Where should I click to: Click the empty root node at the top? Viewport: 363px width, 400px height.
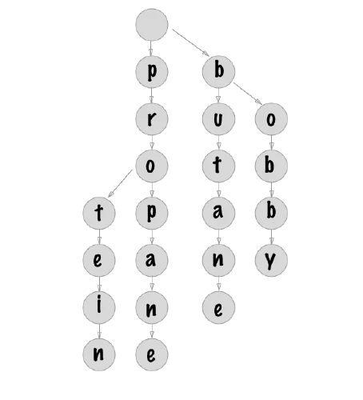(x=152, y=25)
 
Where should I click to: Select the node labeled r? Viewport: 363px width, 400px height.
(x=152, y=119)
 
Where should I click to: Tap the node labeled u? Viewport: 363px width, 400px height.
(x=218, y=119)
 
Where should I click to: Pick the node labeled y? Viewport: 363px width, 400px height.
(x=271, y=260)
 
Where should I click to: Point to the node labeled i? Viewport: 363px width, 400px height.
(x=99, y=307)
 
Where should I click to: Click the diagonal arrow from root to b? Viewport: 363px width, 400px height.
(x=191, y=42)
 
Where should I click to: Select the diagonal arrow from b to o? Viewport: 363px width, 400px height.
(x=248, y=94)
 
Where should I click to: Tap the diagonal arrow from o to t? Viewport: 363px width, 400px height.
(x=120, y=183)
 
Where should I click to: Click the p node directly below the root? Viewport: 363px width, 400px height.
(x=152, y=72)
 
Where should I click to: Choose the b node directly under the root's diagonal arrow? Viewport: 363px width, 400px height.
(x=218, y=72)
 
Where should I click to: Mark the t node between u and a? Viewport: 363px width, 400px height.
(x=218, y=166)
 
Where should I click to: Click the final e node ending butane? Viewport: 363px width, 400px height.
(x=218, y=307)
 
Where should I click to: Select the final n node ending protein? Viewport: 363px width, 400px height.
(x=99, y=354)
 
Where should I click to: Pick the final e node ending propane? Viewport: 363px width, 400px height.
(x=152, y=354)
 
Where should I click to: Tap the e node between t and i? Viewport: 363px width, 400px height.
(x=99, y=260)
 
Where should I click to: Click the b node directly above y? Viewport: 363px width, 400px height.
(x=271, y=213)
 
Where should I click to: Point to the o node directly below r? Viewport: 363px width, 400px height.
(x=152, y=166)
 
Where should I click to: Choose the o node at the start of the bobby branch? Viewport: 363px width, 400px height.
(x=271, y=119)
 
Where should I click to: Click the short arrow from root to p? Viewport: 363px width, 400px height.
(x=151, y=48)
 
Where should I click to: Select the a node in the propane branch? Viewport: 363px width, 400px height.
(x=152, y=260)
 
